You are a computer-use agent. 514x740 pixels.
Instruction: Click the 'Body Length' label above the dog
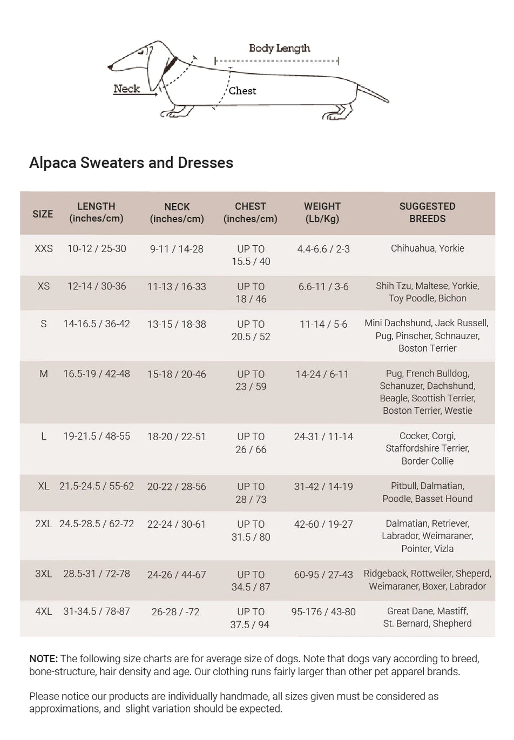point(279,48)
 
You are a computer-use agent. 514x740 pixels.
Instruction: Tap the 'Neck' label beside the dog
point(126,89)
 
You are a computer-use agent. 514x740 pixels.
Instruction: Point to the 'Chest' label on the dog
point(242,91)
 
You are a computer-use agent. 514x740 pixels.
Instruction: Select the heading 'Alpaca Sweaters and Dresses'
point(131,163)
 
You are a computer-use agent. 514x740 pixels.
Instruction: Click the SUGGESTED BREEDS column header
point(427,212)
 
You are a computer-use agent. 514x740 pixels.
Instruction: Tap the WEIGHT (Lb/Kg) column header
point(322,212)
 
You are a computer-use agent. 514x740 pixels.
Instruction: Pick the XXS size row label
point(44,248)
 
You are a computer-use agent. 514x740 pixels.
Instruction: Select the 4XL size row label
point(44,611)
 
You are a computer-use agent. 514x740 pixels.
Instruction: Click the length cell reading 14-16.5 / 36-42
point(97,324)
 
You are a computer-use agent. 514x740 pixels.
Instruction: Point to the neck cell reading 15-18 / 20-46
point(177,374)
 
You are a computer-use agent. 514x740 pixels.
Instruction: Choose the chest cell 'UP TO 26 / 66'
point(251,443)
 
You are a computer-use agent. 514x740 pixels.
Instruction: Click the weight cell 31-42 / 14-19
point(323,486)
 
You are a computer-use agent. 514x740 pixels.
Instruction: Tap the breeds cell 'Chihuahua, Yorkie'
point(427,248)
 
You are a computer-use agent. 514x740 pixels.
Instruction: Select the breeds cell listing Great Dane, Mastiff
point(427,617)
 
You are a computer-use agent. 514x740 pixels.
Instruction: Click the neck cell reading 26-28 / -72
point(175,612)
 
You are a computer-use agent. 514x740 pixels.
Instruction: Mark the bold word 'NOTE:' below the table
point(43,658)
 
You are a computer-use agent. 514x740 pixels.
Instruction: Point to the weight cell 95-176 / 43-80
point(323,612)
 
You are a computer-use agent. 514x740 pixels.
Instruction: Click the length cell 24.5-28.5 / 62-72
point(97,523)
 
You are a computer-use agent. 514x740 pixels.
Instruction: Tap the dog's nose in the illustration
point(110,68)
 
